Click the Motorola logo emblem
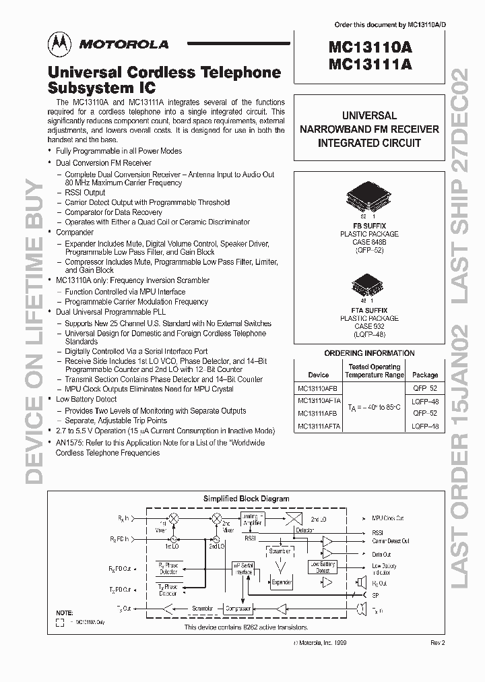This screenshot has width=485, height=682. [x=57, y=44]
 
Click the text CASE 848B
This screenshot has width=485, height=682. [x=369, y=241]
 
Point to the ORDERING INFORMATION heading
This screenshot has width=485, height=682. [x=369, y=353]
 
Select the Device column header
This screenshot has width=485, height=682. [x=319, y=375]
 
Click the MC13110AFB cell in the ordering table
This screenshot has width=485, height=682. [x=319, y=388]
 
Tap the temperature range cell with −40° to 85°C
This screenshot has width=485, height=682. [x=375, y=408]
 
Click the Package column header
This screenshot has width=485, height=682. [x=425, y=375]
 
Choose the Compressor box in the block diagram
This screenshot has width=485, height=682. [x=238, y=608]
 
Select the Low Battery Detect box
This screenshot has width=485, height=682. [x=323, y=567]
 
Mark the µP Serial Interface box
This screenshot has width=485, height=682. [x=244, y=569]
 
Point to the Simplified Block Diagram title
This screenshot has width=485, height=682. [x=246, y=499]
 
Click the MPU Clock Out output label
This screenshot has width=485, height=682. [x=388, y=518]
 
